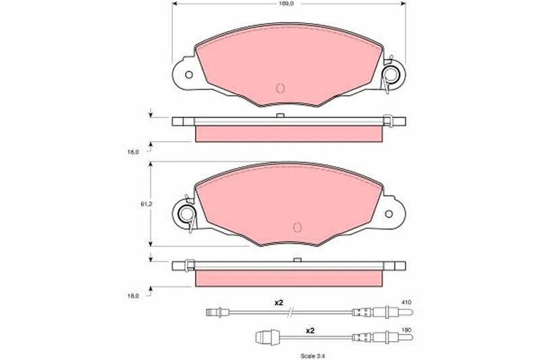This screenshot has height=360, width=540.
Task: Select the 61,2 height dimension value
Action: click(x=135, y=202)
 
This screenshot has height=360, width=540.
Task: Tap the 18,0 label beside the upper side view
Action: click(x=133, y=151)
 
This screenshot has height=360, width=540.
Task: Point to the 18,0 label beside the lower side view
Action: click(x=133, y=295)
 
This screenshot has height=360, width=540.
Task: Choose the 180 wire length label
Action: click(x=405, y=330)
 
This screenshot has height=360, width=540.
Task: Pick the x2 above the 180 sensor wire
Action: click(x=310, y=331)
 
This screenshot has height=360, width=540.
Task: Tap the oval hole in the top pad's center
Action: click(x=281, y=88)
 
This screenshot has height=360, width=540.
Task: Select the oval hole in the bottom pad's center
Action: click(x=297, y=227)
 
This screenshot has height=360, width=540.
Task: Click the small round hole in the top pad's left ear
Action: click(x=189, y=74)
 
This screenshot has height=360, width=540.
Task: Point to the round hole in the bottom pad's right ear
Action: click(x=389, y=213)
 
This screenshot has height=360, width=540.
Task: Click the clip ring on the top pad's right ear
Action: click(x=390, y=74)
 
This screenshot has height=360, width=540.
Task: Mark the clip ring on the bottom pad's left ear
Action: click(x=187, y=214)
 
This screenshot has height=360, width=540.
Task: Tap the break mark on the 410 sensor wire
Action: click(x=290, y=312)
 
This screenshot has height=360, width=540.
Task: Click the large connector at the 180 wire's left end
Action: click(x=263, y=336)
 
